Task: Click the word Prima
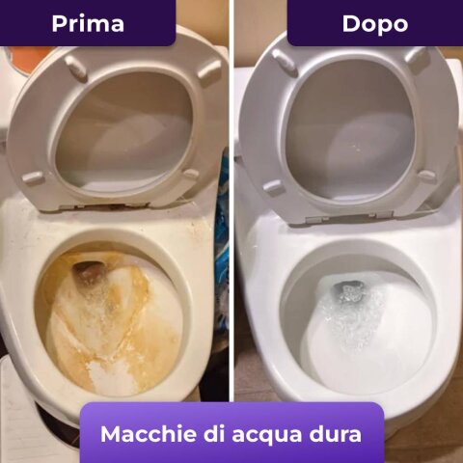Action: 88,24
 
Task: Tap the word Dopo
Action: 375,24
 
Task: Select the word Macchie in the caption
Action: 148,434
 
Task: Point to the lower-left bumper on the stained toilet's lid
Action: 34,177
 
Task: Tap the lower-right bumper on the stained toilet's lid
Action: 190,174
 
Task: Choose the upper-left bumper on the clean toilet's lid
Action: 284,61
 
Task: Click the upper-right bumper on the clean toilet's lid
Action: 418,59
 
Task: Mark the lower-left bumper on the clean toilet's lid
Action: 273,187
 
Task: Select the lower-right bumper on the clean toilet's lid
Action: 426,177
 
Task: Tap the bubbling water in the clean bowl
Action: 350,315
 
